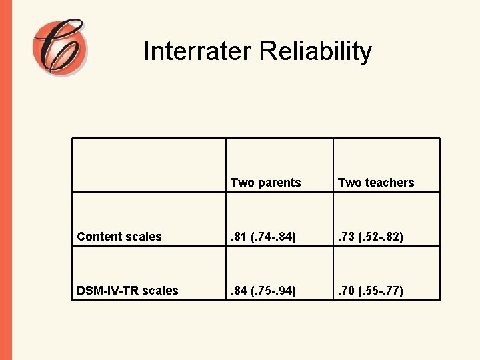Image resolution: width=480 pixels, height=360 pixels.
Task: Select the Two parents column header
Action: click(x=265, y=183)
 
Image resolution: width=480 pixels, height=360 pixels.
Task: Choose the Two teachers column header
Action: click(x=376, y=183)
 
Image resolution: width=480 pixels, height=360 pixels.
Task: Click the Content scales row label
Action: click(x=119, y=237)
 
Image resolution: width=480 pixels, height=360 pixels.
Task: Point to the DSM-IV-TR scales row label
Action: click(x=128, y=291)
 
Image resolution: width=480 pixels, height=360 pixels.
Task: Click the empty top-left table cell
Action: click(x=149, y=165)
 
